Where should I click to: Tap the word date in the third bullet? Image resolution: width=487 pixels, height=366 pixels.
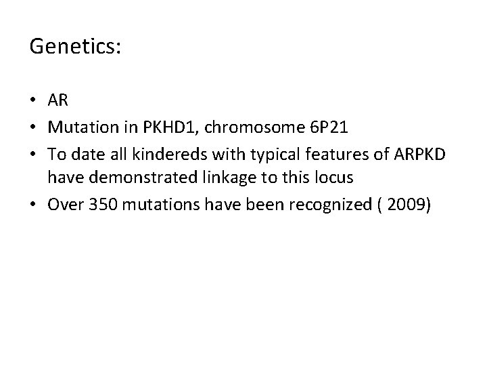pos(86,155)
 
